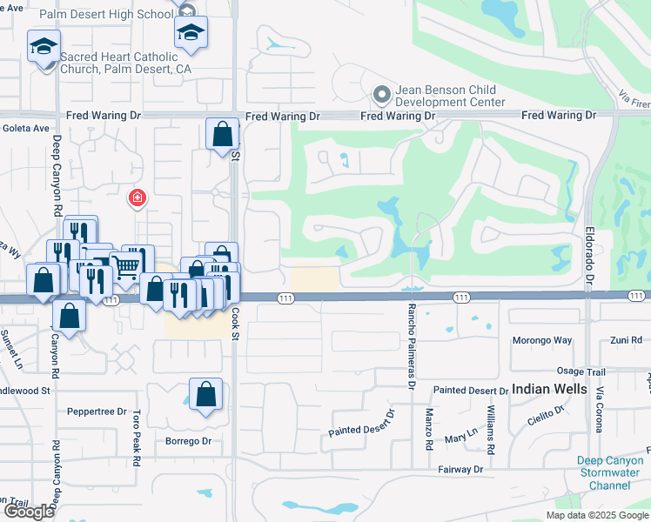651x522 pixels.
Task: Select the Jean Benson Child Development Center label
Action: click(x=450, y=96)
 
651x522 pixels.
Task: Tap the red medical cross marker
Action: click(x=137, y=199)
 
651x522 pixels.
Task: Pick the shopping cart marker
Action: click(x=126, y=266)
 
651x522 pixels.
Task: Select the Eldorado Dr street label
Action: click(x=589, y=258)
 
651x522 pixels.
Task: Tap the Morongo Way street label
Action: click(x=542, y=340)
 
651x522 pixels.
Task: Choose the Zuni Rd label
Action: click(x=625, y=340)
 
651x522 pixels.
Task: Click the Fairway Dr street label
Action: click(x=462, y=469)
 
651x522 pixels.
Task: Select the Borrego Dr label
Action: click(x=189, y=441)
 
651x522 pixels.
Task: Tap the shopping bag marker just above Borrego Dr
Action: click(x=205, y=396)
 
